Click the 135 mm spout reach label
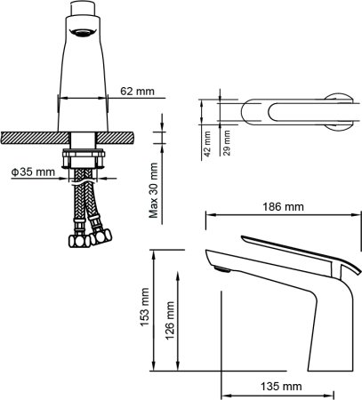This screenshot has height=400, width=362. point(283,387)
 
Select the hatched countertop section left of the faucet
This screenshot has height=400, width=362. point(35,138)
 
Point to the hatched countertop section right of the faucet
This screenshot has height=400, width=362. point(116,138)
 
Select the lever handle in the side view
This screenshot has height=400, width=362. point(294,249)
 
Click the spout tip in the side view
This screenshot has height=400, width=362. point(218,263)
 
